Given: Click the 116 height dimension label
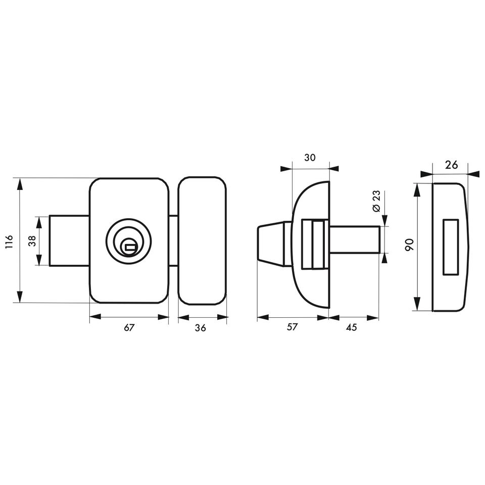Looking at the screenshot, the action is point(9,242).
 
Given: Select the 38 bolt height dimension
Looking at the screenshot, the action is point(32,241).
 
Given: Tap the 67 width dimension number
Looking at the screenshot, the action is point(129,327).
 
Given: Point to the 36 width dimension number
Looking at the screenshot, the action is point(201,327).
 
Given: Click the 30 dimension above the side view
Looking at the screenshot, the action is point(310,158).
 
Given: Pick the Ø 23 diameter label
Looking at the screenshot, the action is point(376,201).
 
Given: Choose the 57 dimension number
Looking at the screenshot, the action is point(292,327).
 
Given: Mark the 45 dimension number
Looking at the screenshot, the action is point(352,327).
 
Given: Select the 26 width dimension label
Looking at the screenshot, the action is point(451,165).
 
